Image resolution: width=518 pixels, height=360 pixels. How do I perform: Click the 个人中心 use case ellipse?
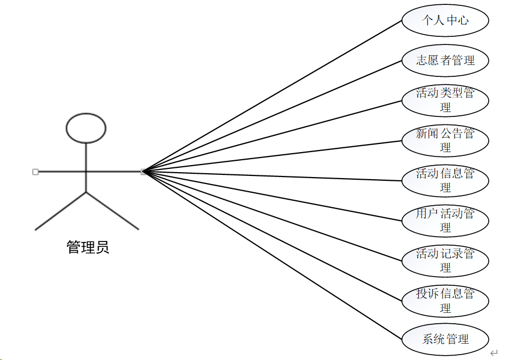click(445, 21)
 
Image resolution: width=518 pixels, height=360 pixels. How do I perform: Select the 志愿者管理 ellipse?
click(445, 60)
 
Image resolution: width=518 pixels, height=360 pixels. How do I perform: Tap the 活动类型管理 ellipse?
click(445, 100)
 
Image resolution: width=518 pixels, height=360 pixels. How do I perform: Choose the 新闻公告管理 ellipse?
click(445, 140)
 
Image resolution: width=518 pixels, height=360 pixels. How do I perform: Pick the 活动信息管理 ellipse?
click(445, 180)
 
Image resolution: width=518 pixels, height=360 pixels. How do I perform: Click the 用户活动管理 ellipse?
click(445, 220)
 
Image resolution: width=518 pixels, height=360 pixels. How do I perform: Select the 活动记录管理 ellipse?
click(445, 260)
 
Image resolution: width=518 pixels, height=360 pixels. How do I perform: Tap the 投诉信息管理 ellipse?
click(445, 300)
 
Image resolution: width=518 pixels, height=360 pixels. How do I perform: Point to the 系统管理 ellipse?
click(445, 339)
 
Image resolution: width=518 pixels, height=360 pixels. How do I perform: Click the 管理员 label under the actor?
click(88, 248)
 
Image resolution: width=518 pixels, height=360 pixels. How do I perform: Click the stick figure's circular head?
click(86, 128)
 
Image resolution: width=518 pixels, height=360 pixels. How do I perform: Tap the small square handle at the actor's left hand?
click(35, 172)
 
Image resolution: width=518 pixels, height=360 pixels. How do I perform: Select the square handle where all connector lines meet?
click(143, 172)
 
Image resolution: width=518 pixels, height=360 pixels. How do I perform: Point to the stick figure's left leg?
click(60, 211)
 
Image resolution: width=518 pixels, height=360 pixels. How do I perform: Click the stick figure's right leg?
click(112, 211)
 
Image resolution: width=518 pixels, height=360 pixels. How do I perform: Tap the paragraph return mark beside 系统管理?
click(494, 353)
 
